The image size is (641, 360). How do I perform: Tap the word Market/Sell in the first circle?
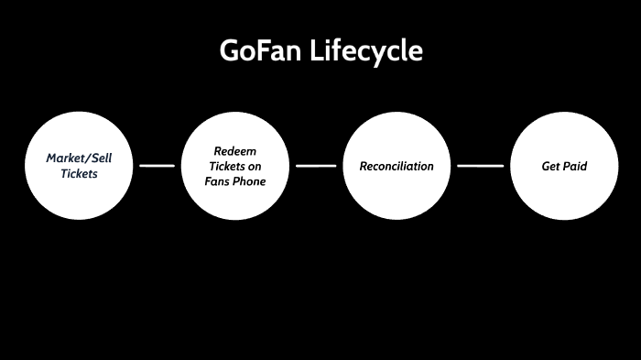[78, 158]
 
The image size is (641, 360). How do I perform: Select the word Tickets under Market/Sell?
[79, 173]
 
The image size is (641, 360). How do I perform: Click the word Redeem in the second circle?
[235, 150]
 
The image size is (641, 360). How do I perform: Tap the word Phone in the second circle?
[250, 181]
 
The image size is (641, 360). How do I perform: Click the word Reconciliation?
[397, 166]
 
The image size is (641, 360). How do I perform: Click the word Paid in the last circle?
[574, 166]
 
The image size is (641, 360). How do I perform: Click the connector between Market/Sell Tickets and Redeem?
[157, 166]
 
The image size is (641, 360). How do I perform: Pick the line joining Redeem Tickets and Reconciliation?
[317, 166]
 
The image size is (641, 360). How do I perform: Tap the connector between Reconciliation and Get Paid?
[480, 166]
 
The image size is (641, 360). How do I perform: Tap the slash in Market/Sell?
[86, 158]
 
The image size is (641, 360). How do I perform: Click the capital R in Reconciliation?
[364, 166]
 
